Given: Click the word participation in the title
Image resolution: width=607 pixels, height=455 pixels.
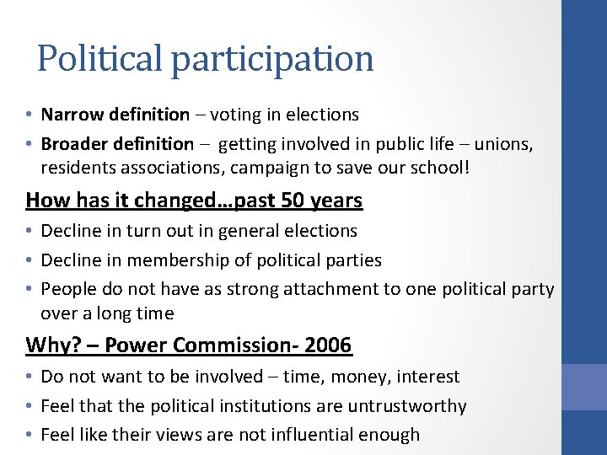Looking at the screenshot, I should click(272, 59).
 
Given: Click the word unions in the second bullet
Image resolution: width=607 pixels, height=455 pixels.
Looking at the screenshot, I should click(503, 144).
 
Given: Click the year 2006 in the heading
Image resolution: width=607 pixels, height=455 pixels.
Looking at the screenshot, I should click(327, 345).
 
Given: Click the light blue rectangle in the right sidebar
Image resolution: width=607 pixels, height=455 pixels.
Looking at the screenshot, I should click(584, 387).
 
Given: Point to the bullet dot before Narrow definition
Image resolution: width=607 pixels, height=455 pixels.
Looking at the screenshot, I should click(30, 115).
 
